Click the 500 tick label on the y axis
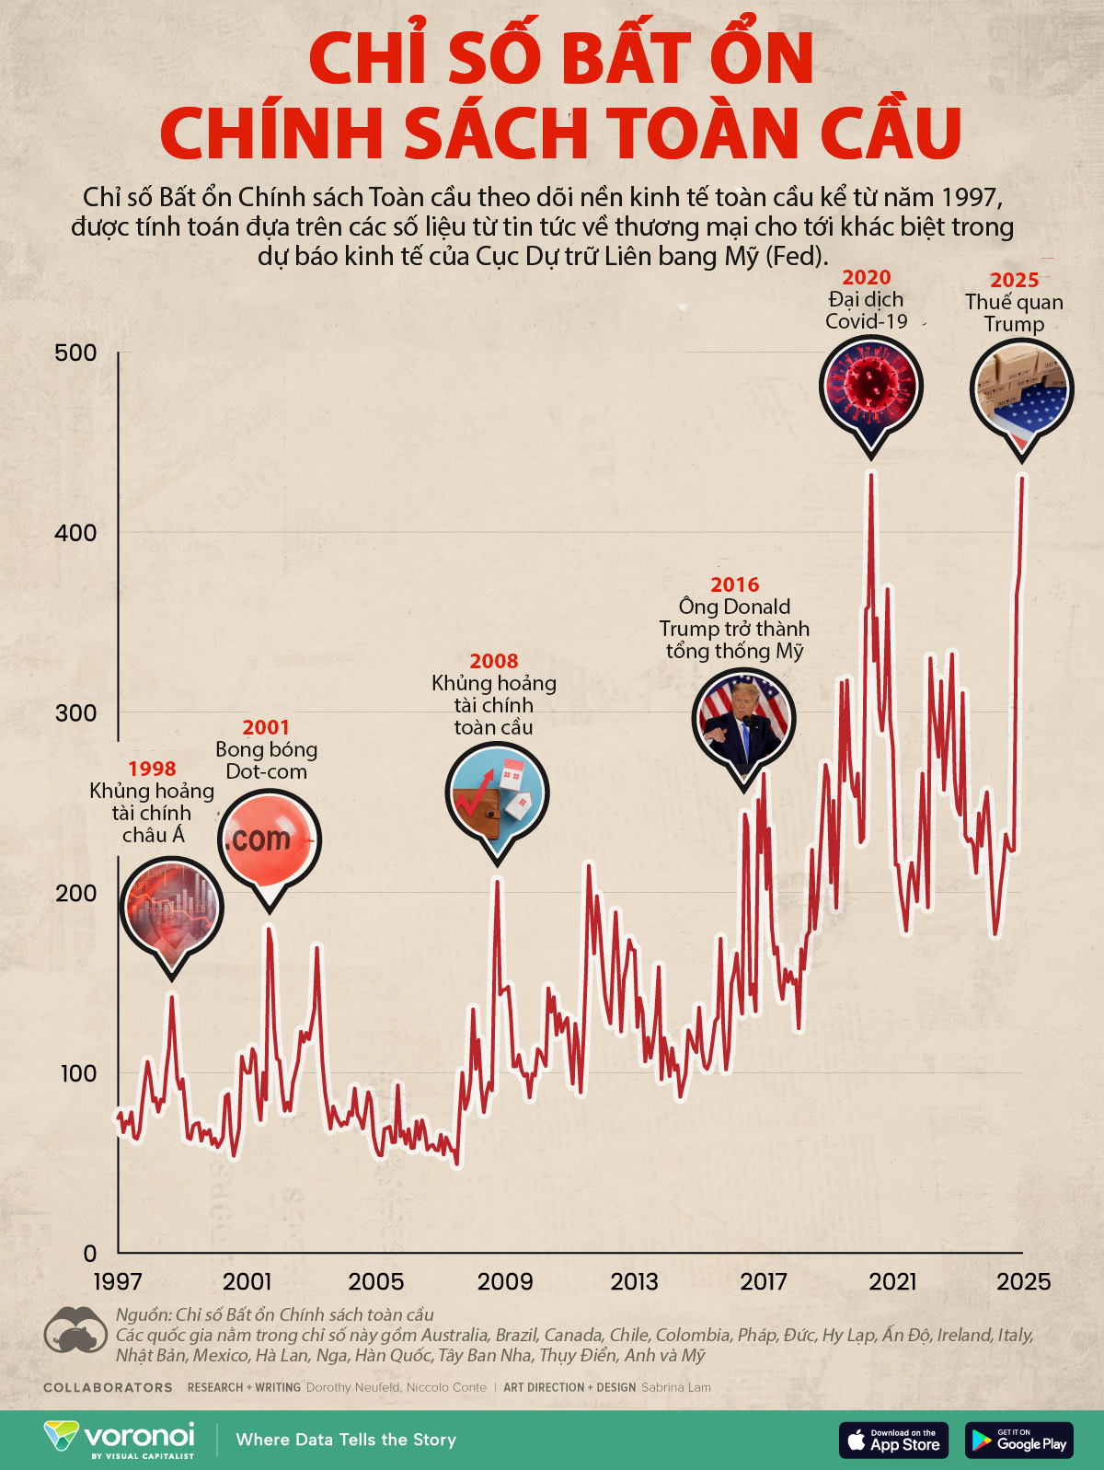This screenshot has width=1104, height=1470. pos(75,353)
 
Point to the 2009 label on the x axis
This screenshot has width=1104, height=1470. pos(505,1281)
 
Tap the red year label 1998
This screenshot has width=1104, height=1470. pos(152,769)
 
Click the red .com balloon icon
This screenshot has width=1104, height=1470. pos(269,839)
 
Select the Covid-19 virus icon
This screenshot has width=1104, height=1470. pos(870,386)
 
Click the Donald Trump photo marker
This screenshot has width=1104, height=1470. pos(742,719)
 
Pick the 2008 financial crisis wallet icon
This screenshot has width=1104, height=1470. pos(497,793)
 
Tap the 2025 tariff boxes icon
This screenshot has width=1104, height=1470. pos(1021,388)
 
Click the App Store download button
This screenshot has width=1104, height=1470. pos(892,1441)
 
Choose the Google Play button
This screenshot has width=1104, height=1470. pos(1018,1441)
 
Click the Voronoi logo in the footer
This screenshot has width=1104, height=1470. pos(120,1440)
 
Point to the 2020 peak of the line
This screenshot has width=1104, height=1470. pos(870,475)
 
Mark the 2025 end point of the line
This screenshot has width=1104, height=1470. pos(1021,478)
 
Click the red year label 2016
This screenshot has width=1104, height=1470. pos(734,585)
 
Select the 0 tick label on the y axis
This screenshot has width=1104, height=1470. pos(89,1253)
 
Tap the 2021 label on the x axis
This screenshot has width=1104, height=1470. pos(892,1281)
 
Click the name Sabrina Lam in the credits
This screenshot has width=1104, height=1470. pos(675,1387)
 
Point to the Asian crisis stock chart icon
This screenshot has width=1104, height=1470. pos(171,907)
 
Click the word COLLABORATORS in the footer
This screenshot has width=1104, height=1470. pos(108,1387)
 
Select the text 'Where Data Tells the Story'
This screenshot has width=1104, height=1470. pos(346,1440)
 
